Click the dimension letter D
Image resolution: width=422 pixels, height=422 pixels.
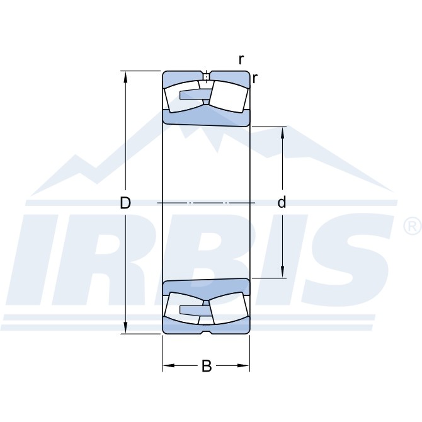[x=125, y=203]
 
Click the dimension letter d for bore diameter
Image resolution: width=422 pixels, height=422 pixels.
[x=282, y=202]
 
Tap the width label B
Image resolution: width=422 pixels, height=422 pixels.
[x=207, y=366]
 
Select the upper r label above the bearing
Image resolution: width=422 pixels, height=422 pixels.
[x=241, y=60]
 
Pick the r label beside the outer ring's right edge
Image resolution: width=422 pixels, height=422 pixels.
[x=254, y=78]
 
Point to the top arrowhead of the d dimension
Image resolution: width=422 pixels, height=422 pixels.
[x=282, y=132]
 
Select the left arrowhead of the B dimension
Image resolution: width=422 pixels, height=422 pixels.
[x=168, y=365]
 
